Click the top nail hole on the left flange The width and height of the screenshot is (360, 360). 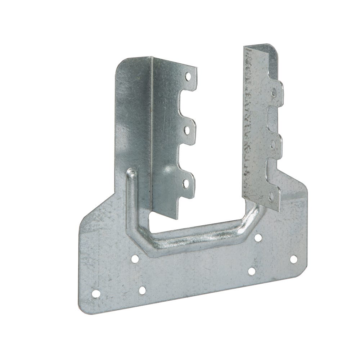pyautogui.click(x=188, y=76)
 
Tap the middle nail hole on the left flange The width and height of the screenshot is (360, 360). pyautogui.click(x=188, y=129)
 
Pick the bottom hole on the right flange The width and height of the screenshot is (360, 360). pyautogui.click(x=271, y=197)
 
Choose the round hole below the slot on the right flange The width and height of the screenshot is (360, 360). pyautogui.click(x=273, y=144)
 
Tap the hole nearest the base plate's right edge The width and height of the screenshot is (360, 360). pyautogui.click(x=293, y=259)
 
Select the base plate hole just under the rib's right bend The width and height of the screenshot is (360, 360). pyautogui.click(x=258, y=238)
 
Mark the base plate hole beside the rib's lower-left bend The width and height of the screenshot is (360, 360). pyautogui.click(x=135, y=258)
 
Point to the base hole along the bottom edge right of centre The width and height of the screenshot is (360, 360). pyautogui.click(x=252, y=271)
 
